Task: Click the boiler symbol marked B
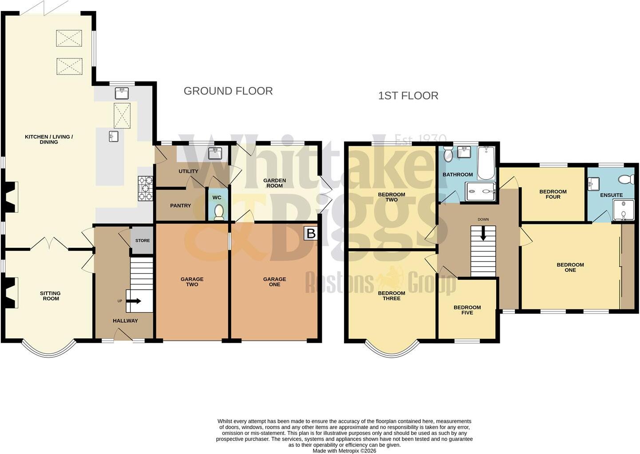coord(311,233)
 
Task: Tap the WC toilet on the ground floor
coord(219,212)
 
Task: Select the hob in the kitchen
coord(146,188)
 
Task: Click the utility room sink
coord(215,153)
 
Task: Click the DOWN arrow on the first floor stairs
coord(483,233)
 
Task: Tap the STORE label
coord(142,241)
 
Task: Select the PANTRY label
coord(180,205)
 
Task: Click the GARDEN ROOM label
coord(275,183)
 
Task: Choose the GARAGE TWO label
coord(192,282)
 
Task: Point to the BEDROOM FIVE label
coord(467,310)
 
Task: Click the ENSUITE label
coord(612,195)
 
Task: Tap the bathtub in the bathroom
coord(486,163)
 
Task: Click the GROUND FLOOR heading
coord(228,91)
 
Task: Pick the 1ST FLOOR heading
coord(408,96)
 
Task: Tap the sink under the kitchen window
coord(122,93)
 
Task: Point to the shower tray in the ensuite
coord(624,210)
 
